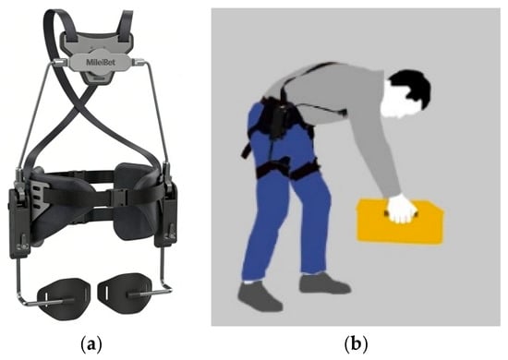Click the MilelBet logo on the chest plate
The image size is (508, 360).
point(101,62)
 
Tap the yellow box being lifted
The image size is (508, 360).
point(400,222)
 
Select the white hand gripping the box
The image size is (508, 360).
point(402,209)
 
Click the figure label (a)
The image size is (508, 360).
point(91,344)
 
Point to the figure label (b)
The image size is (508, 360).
point(356,344)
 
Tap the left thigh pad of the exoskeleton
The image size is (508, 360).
point(61,298)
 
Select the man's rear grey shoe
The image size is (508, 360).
point(260,296)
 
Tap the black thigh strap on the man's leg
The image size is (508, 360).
point(286,170)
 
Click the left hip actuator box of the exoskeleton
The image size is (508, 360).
point(19,223)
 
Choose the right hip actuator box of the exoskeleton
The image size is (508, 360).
point(166,215)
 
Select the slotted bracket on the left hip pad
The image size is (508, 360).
point(40,195)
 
